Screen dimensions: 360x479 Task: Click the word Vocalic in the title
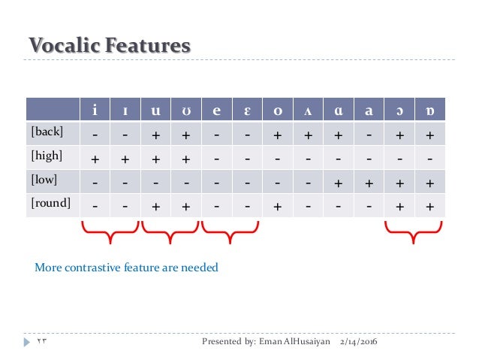[65, 46]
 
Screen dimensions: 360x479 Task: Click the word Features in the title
[147, 46]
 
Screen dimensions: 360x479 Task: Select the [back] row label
[47, 132]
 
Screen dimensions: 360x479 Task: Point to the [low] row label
[44, 180]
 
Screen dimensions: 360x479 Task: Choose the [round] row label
[50, 203]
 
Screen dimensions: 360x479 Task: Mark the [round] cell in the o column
[278, 204]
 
